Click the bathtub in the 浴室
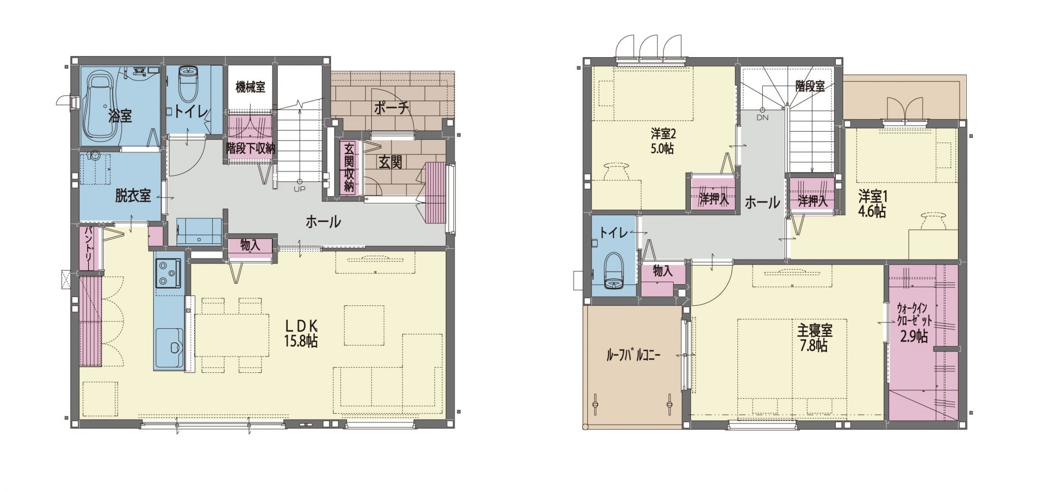click(98, 107)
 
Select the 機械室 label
click(250, 87)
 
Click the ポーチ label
click(391, 108)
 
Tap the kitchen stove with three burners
click(169, 273)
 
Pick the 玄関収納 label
click(349, 167)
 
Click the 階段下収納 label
click(251, 148)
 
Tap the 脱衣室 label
click(133, 196)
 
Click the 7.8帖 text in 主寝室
click(813, 346)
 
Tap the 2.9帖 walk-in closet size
click(914, 336)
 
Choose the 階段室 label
click(810, 87)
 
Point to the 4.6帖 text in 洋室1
click(872, 211)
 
